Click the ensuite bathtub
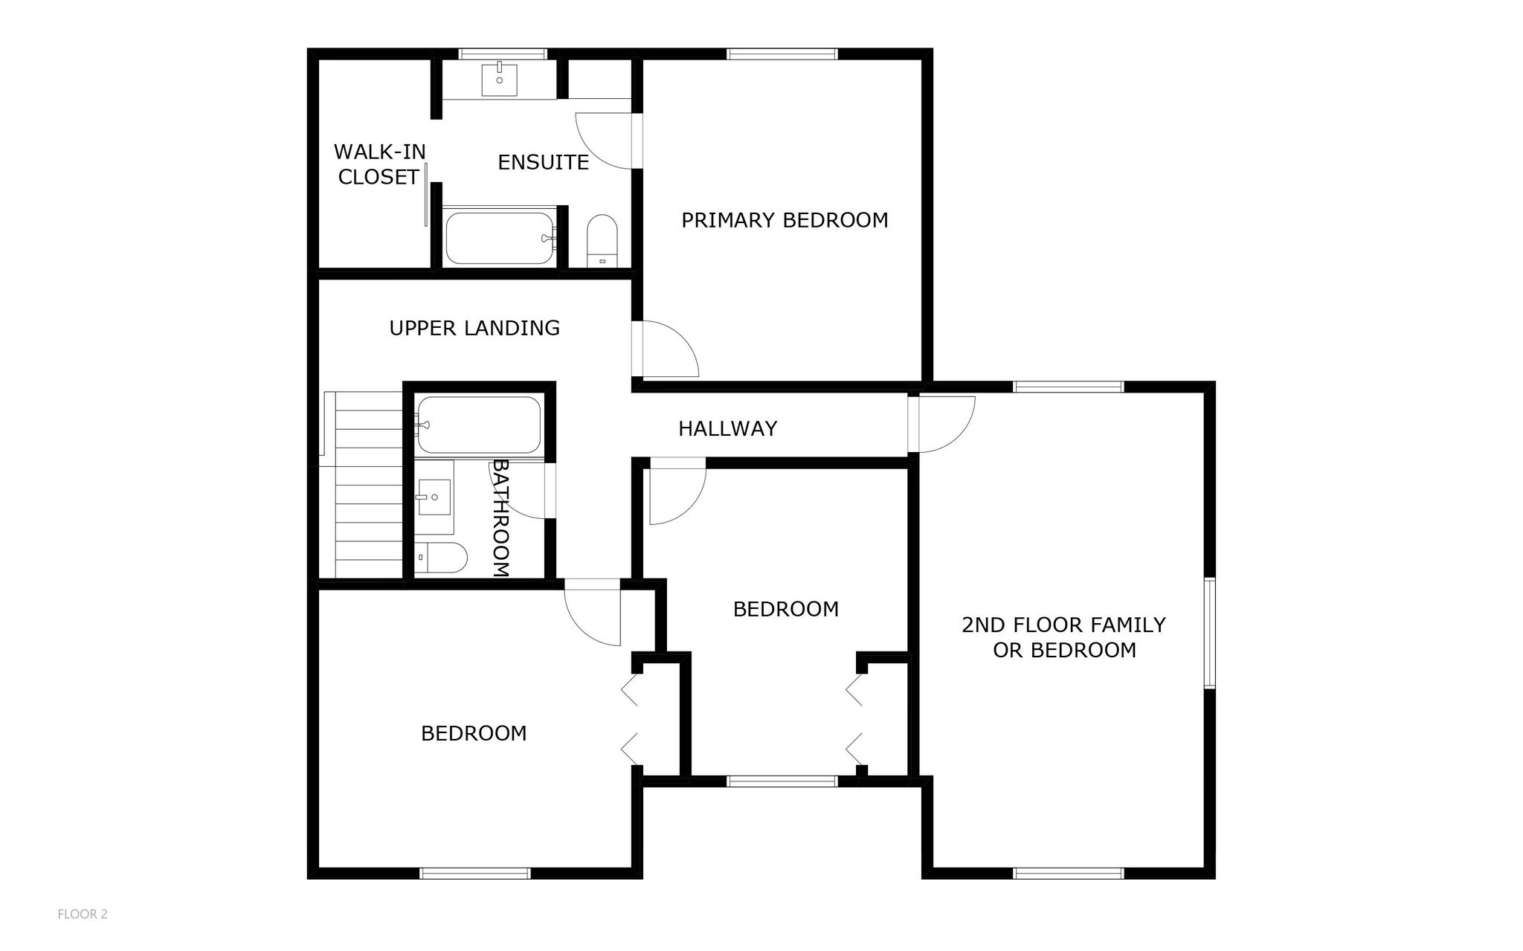click(x=500, y=238)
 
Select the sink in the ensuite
click(x=499, y=80)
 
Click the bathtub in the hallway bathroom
click(x=479, y=425)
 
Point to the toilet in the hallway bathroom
click(x=440, y=558)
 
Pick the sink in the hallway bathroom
click(x=434, y=497)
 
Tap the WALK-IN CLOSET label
click(x=379, y=164)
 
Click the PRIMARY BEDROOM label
click(x=785, y=220)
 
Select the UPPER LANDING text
click(x=474, y=328)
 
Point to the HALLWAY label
click(x=727, y=428)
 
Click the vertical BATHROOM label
click(x=501, y=518)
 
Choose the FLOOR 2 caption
click(x=83, y=914)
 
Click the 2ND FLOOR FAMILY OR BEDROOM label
click(x=1064, y=637)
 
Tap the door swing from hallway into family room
click(x=941, y=425)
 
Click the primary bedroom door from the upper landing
click(x=666, y=349)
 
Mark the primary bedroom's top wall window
click(x=782, y=54)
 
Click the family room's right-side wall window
click(x=1210, y=633)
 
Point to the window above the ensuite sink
click(x=503, y=54)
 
